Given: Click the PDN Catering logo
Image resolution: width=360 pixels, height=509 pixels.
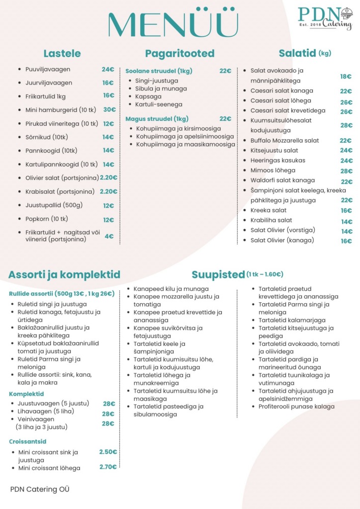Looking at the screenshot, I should pos(325,18).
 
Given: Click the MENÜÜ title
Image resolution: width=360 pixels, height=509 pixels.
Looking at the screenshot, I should pos(173,23).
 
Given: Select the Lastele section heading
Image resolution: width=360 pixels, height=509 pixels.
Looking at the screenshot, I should pos(62,54).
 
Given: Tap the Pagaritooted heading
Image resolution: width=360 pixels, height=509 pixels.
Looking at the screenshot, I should pos(180,54).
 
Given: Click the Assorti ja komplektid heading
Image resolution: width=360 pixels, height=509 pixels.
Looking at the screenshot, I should pos(64,275).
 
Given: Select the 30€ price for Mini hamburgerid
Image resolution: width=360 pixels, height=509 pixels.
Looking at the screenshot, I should pos(109,110).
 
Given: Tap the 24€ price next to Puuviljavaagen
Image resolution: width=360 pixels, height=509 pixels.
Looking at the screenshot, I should pos(108,70).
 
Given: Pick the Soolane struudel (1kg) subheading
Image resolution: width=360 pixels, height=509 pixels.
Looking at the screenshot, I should pos(159,71).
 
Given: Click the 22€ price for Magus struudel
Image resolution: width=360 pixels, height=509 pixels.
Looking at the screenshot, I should pos(225,119).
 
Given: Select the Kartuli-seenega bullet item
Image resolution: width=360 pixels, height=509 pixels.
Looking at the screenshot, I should pos(159,104).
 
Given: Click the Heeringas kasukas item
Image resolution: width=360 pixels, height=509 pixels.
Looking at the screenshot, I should pos(277,161).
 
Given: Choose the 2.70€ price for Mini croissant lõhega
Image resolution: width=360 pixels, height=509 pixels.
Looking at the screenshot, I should pos(108,467).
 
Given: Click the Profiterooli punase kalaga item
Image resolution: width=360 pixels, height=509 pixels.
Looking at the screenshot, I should pos(296,407).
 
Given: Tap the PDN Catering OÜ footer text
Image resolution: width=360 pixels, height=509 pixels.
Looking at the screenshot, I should pos(40,489).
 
